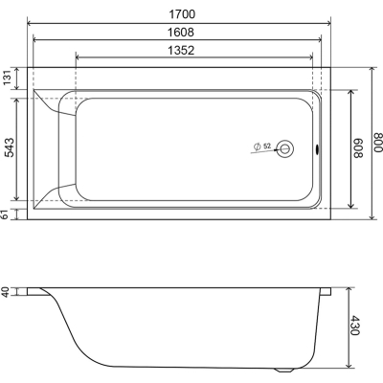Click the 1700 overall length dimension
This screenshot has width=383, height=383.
point(182,14)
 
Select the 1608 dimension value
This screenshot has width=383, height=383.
point(181,33)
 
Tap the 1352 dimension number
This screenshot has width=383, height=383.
point(181,51)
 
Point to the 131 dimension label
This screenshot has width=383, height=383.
point(8,79)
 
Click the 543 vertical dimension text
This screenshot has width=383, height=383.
point(10,147)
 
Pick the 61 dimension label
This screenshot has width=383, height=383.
point(5,214)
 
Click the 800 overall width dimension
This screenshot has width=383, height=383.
point(377,143)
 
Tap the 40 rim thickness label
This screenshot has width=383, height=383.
point(6,292)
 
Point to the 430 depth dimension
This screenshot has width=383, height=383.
point(354,326)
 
